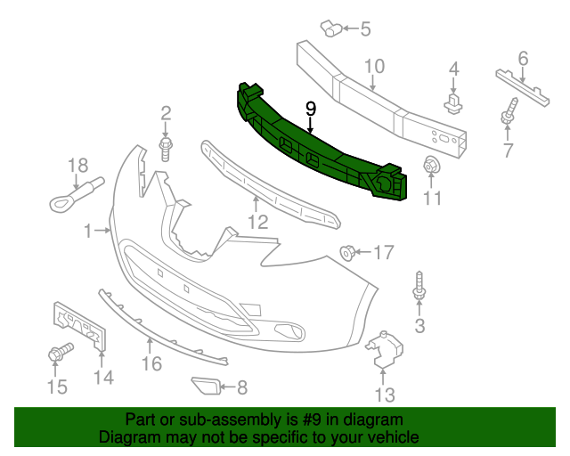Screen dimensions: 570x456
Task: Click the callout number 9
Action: pos(311,109)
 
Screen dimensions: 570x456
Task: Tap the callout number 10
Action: pos(374,66)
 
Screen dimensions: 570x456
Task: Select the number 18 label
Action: pos(78,166)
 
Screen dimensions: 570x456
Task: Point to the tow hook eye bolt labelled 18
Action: pos(76,194)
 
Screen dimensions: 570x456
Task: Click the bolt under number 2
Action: pos(166,149)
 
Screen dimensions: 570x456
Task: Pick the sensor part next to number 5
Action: pos(330,28)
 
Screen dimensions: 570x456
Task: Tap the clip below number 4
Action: pos(453,103)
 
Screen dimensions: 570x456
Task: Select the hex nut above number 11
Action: pos(431,166)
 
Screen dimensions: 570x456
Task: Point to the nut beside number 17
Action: pos(347,253)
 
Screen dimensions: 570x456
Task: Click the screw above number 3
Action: pos(419,288)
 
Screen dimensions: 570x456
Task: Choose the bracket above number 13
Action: pos(384,348)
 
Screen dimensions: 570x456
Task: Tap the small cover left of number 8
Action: pos(206,386)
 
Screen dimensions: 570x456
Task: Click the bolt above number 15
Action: pos(60,352)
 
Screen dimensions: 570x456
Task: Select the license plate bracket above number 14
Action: pos(79,326)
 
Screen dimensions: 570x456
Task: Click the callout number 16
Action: pos(151,363)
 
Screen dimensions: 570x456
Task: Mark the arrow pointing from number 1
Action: pos(102,230)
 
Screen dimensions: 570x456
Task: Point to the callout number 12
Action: pos(257,222)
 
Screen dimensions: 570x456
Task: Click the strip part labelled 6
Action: pos(523,87)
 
